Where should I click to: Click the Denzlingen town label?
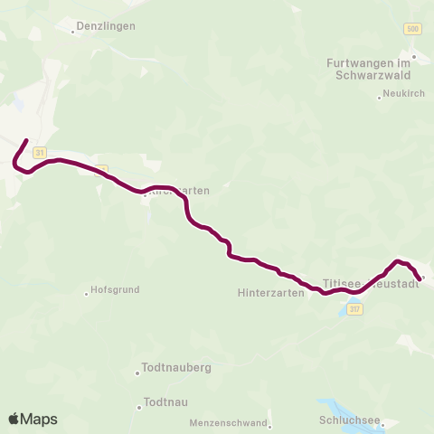[108, 26]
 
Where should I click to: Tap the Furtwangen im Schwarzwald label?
[368, 69]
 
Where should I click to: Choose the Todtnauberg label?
[176, 369]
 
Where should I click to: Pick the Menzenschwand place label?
[228, 423]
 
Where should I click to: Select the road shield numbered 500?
[413, 30]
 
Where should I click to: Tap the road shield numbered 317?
[355, 309]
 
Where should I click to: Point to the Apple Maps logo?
[33, 419]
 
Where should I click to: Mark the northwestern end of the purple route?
[27, 141]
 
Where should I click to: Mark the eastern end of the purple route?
[420, 279]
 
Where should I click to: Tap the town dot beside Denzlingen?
[73, 32]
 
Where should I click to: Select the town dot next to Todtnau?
[139, 407]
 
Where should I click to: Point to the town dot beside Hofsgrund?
[87, 292]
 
